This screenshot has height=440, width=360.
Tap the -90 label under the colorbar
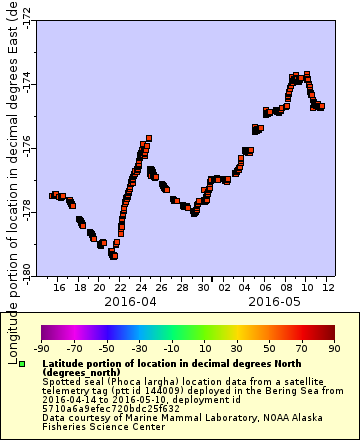[x=41, y=348]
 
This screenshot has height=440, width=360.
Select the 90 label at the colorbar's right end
[x=333, y=348]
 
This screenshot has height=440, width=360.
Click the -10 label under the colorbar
[x=171, y=348]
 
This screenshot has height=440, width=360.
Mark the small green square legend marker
[x=36, y=364]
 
